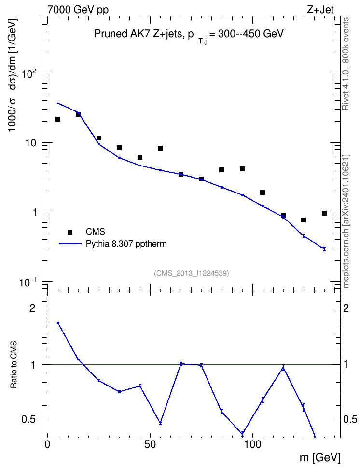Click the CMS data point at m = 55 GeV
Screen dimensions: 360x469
pos(160,148)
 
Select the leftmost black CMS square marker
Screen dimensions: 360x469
pos(58,119)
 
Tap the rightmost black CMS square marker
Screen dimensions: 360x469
pos(324,213)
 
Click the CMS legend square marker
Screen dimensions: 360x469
pos(70,232)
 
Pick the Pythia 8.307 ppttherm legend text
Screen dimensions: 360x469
pos(126,244)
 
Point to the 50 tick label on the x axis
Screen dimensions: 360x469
pos(150,444)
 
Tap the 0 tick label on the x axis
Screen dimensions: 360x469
pos(47,444)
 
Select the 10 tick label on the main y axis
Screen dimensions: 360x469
pos(30,143)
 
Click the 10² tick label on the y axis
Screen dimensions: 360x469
pos(29,73)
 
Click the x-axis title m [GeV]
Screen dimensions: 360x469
pos(320,458)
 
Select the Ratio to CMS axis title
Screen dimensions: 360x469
pos(14,364)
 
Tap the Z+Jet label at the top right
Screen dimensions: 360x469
pos(320,10)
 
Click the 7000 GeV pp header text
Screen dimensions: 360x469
pos(78,10)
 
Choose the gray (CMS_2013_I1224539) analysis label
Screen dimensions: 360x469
pos(192,273)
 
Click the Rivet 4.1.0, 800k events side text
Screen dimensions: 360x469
pos(346,64)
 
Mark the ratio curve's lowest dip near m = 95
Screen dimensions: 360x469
pos(242,433)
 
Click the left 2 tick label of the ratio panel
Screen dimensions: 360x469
pos(32,308)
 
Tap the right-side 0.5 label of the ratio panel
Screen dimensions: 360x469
pos(350,420)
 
